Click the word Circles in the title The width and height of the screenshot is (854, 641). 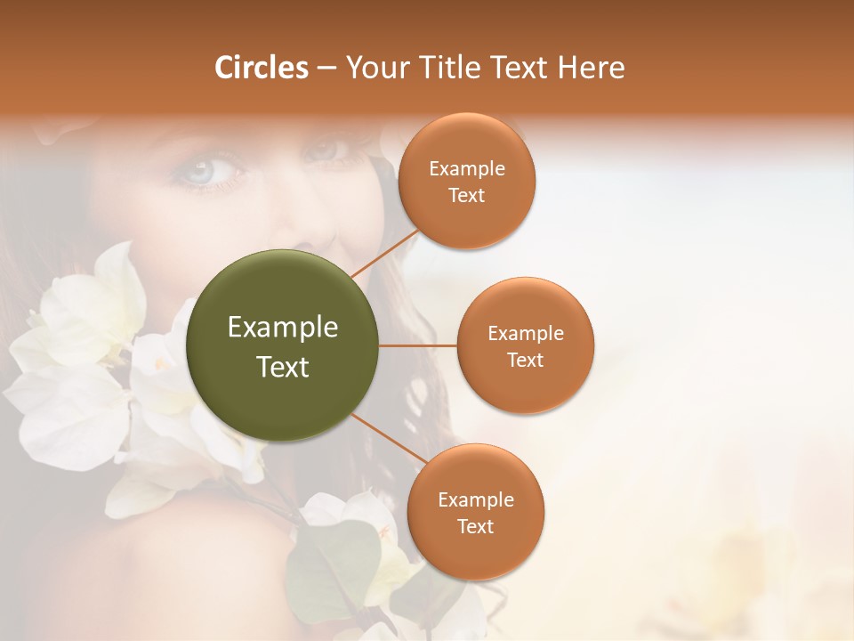click(262, 68)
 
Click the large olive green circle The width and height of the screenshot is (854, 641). click(283, 345)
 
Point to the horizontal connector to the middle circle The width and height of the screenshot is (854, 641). click(418, 345)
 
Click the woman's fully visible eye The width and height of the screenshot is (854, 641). click(203, 167)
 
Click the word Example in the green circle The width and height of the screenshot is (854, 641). click(283, 327)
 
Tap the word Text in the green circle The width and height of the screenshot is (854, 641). click(283, 367)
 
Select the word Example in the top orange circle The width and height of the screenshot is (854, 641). click(467, 168)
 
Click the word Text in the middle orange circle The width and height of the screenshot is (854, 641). click(525, 360)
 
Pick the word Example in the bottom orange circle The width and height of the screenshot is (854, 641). click(475, 499)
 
